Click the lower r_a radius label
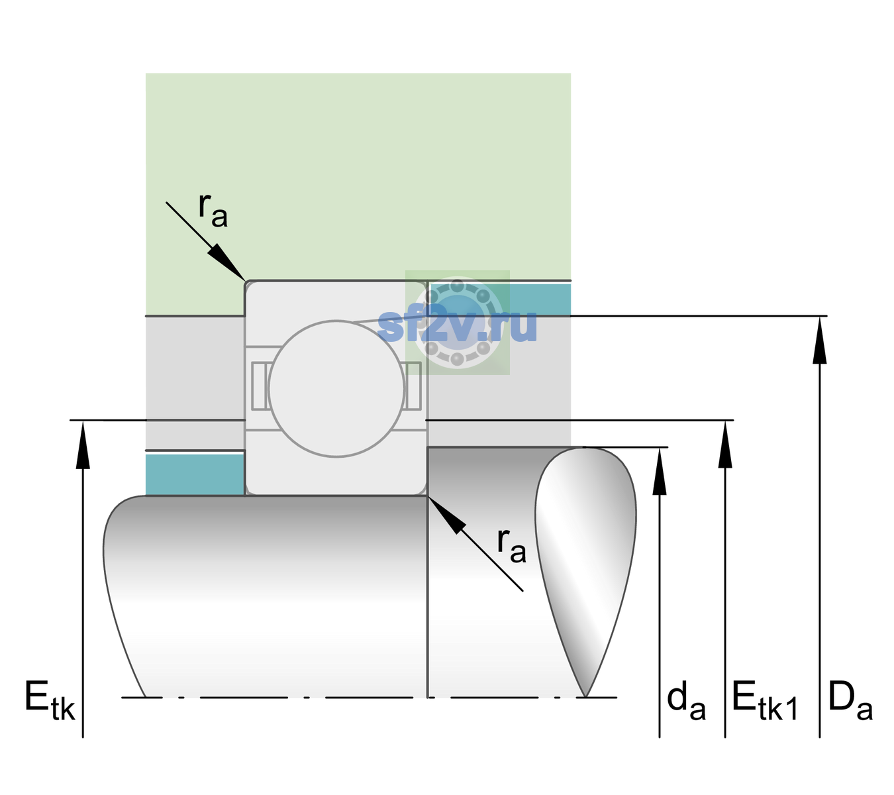point(511,546)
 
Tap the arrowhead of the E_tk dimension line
point(83,445)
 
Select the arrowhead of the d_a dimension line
point(660,471)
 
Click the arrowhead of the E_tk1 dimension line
point(725,445)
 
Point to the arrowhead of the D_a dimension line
point(820,341)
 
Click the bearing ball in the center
point(336,389)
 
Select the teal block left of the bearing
point(195,475)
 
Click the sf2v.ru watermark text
point(457,326)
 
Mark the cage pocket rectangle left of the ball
point(259,386)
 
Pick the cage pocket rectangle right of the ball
point(413,386)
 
